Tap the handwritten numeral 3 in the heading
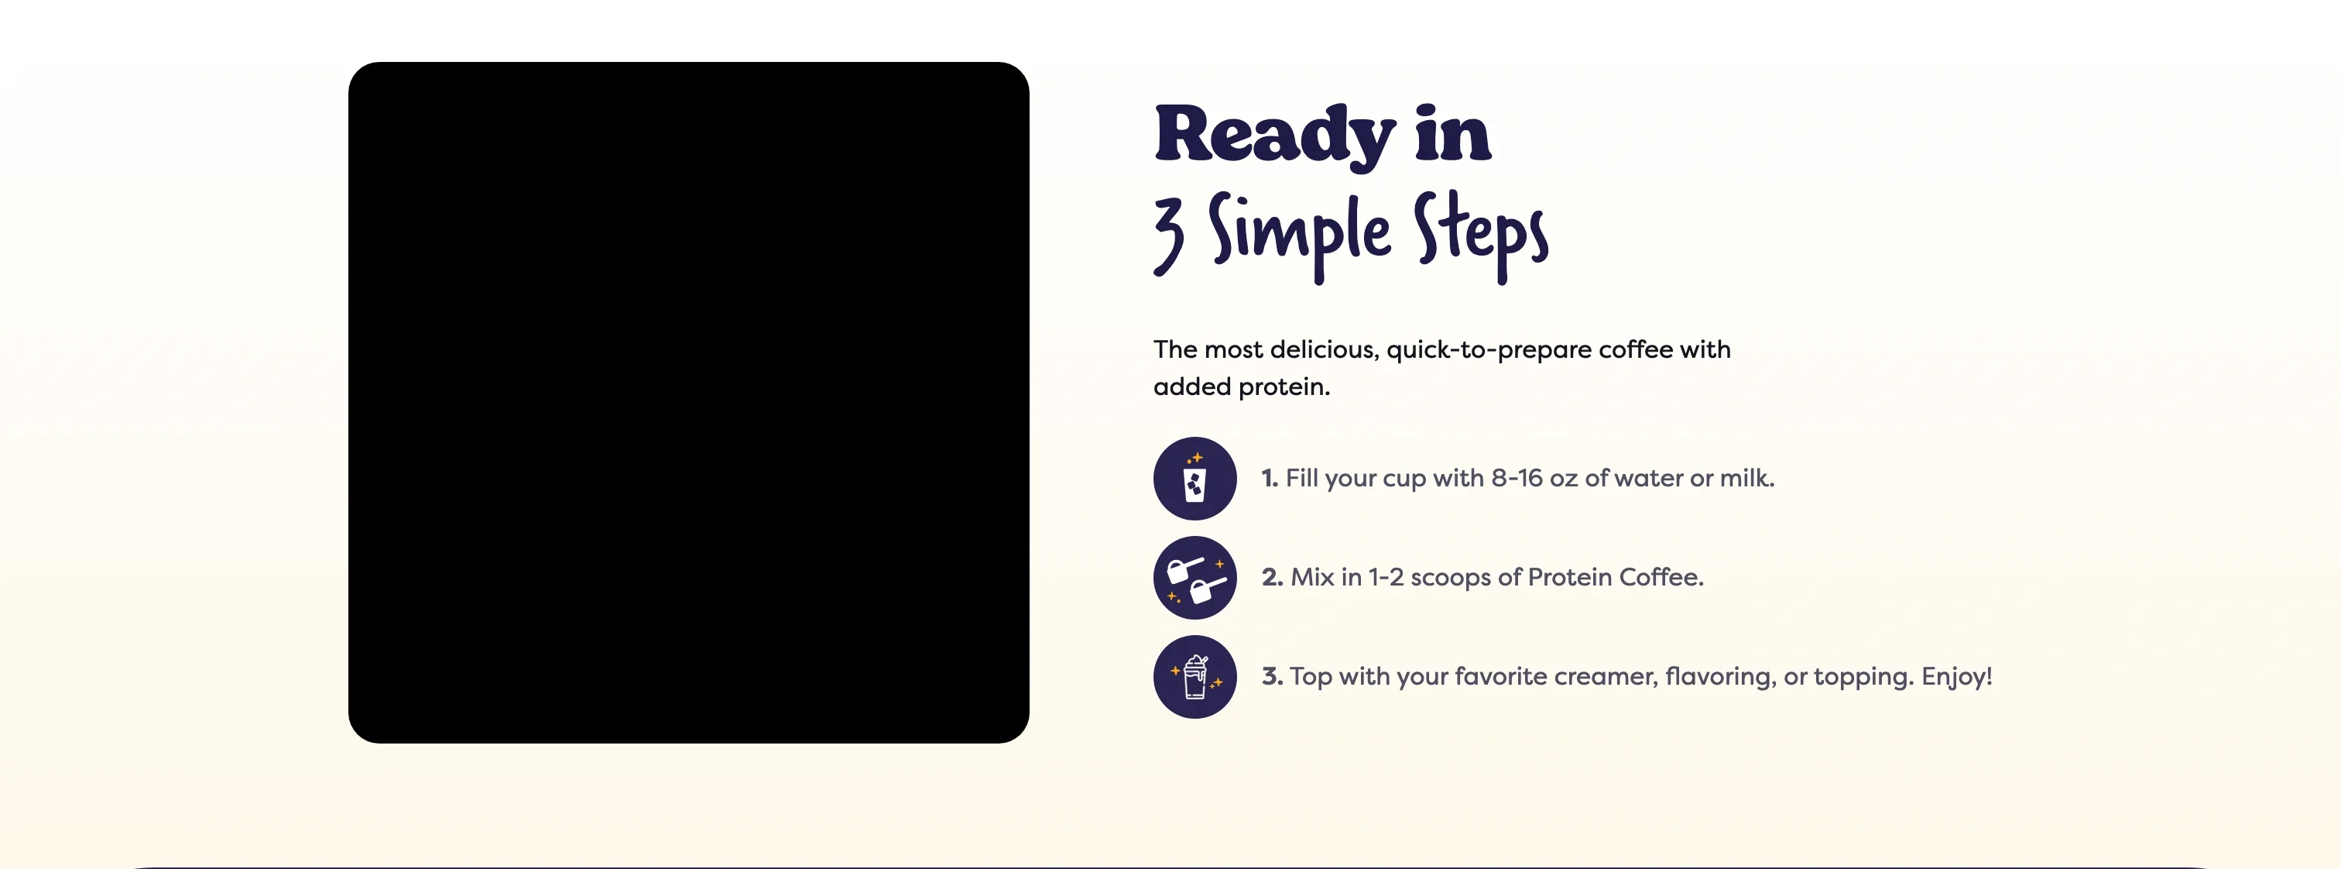(x=1170, y=235)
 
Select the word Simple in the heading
(x=1299, y=232)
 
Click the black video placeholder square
(x=688, y=402)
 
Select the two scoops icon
(x=1194, y=578)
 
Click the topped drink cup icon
(x=1194, y=677)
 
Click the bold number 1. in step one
(x=1270, y=478)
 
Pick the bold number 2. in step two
(x=1271, y=577)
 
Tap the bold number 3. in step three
(x=1271, y=676)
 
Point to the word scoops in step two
(x=1451, y=577)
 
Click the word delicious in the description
(x=1323, y=350)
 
